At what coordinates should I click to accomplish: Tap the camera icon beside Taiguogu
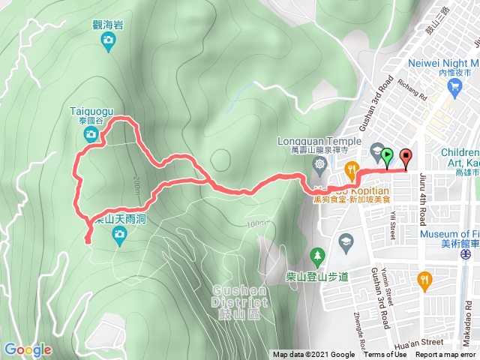coord(91,135)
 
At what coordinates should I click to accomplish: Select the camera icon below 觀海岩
coord(109,40)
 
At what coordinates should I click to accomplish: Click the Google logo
coord(28,349)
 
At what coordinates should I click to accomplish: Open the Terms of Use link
coord(385,355)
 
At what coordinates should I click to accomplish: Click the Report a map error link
coord(446,355)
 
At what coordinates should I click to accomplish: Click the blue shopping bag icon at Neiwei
coord(454,86)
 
